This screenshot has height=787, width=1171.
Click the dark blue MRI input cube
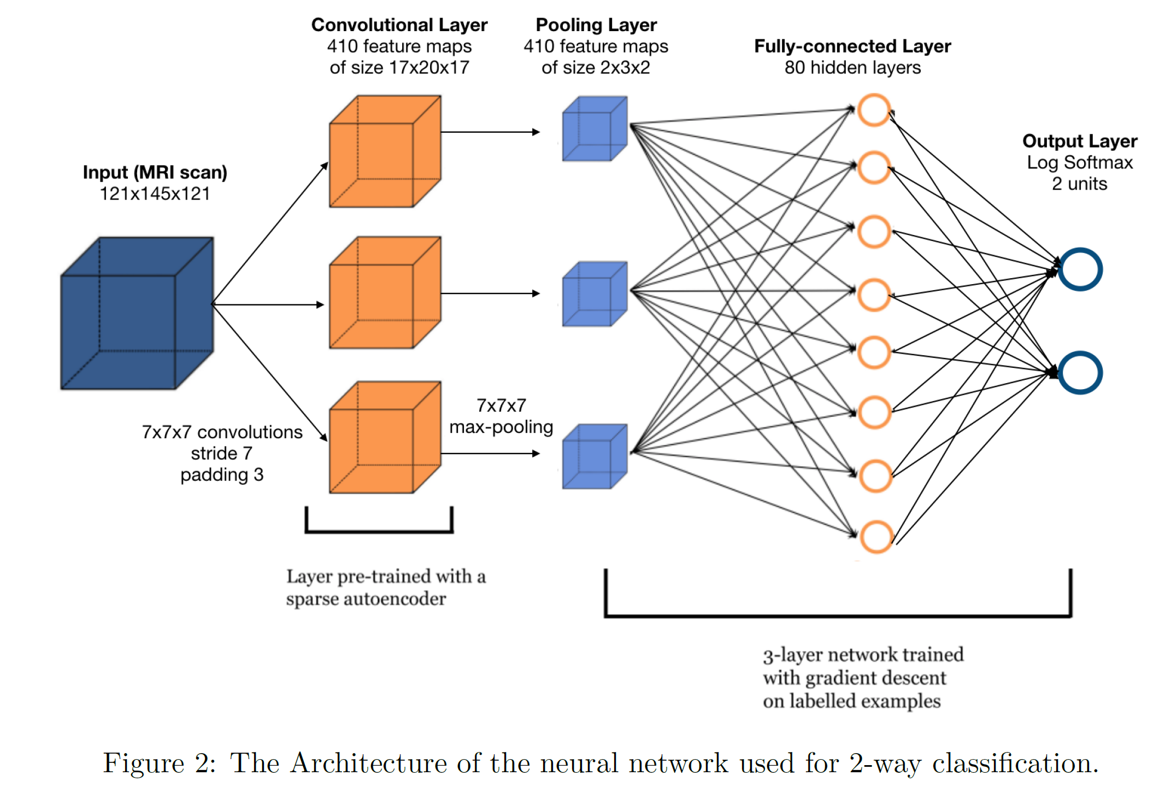click(137, 314)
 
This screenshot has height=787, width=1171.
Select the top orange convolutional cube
click(385, 152)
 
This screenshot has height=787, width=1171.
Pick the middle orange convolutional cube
click(385, 293)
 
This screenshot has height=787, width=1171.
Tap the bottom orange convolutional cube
click(385, 438)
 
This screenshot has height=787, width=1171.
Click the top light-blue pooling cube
click(595, 129)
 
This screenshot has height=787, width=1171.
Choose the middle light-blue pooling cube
click(595, 295)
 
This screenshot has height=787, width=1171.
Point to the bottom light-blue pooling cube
click(595, 456)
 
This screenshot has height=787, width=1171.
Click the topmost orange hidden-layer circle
click(874, 110)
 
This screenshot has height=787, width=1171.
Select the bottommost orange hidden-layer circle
click(876, 537)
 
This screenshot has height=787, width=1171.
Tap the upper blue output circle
click(1080, 269)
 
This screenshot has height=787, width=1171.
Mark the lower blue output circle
click(1080, 373)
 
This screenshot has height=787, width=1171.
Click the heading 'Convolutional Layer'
click(399, 25)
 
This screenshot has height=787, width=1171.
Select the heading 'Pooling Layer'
click(596, 25)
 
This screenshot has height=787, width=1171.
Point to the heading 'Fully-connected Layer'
click(852, 46)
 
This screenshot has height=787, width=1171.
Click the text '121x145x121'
click(155, 194)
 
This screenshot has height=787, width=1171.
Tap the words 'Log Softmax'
click(1080, 163)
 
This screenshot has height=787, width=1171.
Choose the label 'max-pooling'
click(501, 427)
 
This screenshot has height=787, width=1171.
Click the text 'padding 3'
click(222, 474)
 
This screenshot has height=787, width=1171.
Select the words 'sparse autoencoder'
click(366, 599)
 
